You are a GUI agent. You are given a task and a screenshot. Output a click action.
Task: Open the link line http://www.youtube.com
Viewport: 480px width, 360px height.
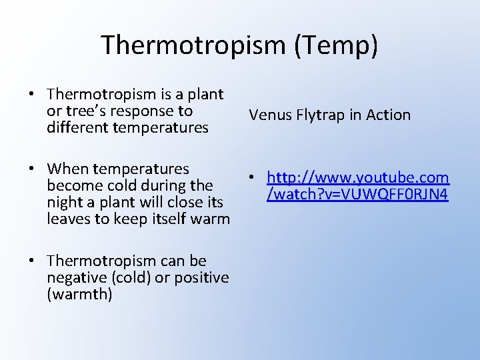(x=358, y=178)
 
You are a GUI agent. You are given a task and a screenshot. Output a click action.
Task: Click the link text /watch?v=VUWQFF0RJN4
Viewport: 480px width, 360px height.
(x=357, y=194)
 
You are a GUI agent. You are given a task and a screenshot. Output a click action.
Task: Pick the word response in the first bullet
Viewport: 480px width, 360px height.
(x=149, y=111)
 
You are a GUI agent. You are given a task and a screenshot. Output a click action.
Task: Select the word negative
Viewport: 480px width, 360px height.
(x=74, y=277)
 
